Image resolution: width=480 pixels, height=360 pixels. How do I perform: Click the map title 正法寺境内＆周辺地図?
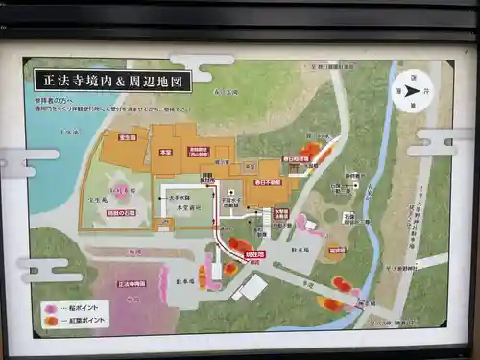click(112, 81)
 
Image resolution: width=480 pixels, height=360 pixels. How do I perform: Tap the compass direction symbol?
click(413, 92)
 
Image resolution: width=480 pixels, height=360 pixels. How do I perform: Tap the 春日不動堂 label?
click(268, 180)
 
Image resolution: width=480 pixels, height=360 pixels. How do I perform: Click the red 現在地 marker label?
click(254, 256)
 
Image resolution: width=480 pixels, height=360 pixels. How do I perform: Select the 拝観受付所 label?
click(206, 178)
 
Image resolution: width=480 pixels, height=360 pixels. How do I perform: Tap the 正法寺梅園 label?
click(132, 284)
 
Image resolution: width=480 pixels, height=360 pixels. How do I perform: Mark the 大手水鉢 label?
click(179, 197)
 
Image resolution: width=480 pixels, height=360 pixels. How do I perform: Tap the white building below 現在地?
click(252, 287)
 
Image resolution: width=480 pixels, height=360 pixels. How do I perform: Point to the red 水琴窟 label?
click(281, 213)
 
